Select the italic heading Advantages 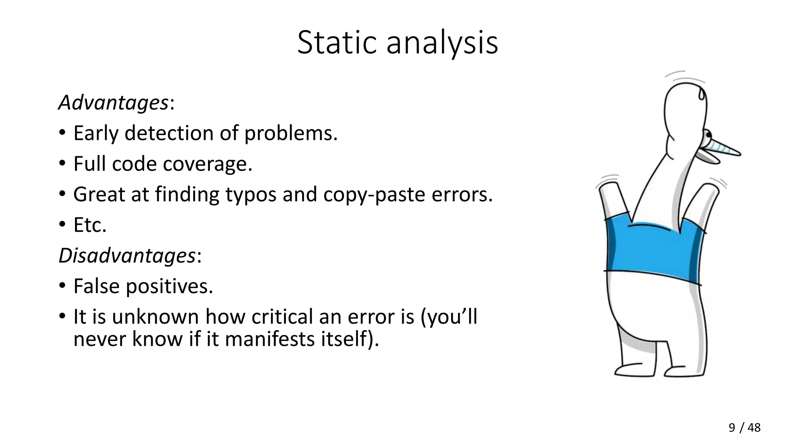pyautogui.click(x=113, y=103)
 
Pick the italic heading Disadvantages pyautogui.click(x=127, y=256)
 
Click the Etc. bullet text pyautogui.click(x=90, y=225)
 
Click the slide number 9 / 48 pyautogui.click(x=744, y=428)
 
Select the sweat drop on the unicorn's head pyautogui.click(x=701, y=93)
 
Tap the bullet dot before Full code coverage pyautogui.click(x=62, y=164)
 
